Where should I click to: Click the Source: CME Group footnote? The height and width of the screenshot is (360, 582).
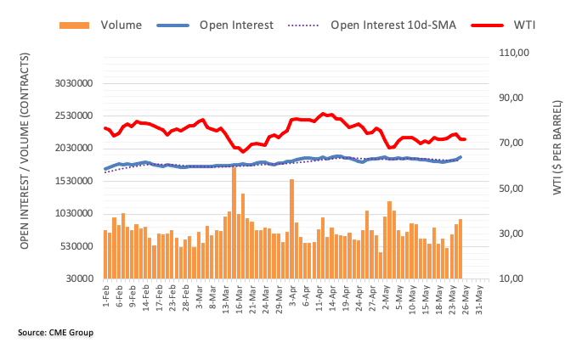(55, 332)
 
